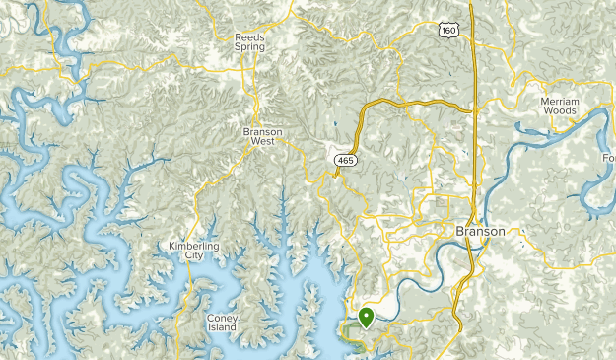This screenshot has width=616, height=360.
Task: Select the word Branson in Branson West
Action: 263,130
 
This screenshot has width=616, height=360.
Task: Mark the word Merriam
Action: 558,101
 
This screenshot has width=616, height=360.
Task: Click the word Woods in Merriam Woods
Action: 558,111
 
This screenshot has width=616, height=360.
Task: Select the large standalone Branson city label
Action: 480,231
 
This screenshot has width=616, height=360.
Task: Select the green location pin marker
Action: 366,318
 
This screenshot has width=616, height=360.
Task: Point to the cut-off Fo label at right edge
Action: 609,158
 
